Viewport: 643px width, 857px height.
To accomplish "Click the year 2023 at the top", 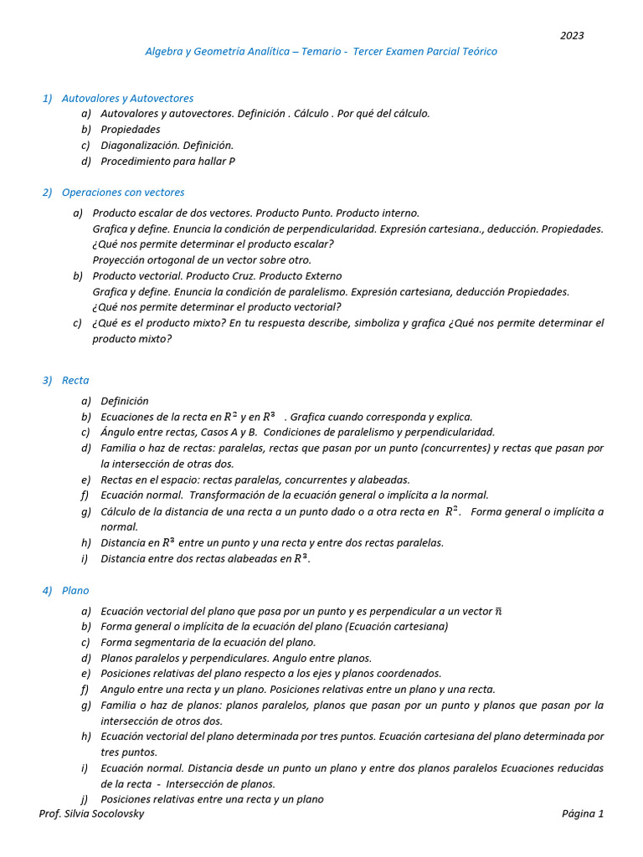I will pos(572,36).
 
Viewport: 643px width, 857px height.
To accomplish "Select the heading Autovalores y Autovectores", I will pos(127,99).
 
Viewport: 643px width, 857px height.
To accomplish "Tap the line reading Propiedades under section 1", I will pos(130,130).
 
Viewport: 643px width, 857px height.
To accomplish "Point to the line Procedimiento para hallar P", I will pos(167,162).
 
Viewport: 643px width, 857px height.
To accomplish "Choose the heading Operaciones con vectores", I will pos(123,192).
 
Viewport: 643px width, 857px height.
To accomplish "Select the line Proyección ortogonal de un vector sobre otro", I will pos(202,260).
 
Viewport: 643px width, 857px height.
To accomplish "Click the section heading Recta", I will pos(75,381).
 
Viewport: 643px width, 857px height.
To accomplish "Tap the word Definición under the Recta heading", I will pos(125,402).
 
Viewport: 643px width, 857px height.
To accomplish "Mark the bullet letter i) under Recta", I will pos(85,559).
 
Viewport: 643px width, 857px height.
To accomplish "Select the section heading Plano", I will pos(75,591).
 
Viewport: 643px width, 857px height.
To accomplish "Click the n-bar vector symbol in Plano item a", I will pos(498,612).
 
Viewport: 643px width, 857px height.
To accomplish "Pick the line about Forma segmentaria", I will pos(208,643).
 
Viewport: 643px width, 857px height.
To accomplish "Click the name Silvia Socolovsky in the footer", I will pos(105,814).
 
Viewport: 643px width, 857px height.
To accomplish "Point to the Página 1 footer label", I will pos(582,814).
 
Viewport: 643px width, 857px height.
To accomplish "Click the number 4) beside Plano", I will pos(48,591).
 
